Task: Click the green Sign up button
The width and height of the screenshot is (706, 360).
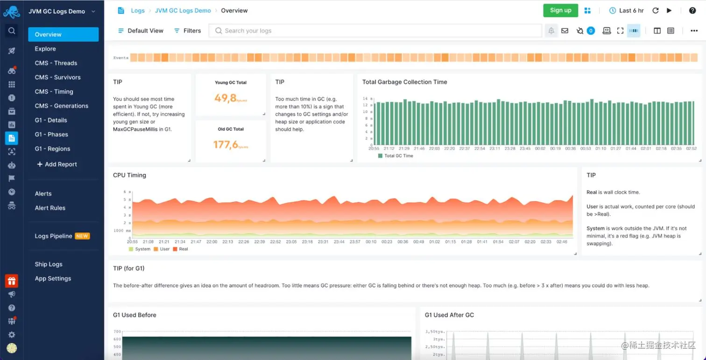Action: click(560, 10)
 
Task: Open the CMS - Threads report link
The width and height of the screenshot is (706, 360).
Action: click(56, 63)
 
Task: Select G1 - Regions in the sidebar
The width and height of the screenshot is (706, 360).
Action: click(52, 148)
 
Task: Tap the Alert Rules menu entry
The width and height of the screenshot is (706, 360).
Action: click(50, 208)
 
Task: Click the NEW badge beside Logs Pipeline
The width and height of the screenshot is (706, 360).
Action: click(82, 236)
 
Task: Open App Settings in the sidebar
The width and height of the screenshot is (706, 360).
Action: click(53, 278)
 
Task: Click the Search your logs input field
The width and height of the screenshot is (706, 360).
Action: click(374, 31)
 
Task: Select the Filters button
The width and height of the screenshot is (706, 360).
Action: click(187, 31)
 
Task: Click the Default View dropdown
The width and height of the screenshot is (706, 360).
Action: click(141, 31)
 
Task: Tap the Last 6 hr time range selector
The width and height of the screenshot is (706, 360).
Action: click(627, 10)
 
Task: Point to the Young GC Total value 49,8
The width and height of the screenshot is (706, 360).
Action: click(226, 98)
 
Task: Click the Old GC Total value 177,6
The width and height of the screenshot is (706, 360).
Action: click(226, 145)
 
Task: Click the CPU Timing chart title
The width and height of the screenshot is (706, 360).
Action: click(129, 175)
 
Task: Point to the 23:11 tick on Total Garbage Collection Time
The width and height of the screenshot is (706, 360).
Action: click(495, 148)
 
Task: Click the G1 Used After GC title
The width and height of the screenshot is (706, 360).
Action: click(449, 315)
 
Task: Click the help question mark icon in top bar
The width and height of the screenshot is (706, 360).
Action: click(692, 10)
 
